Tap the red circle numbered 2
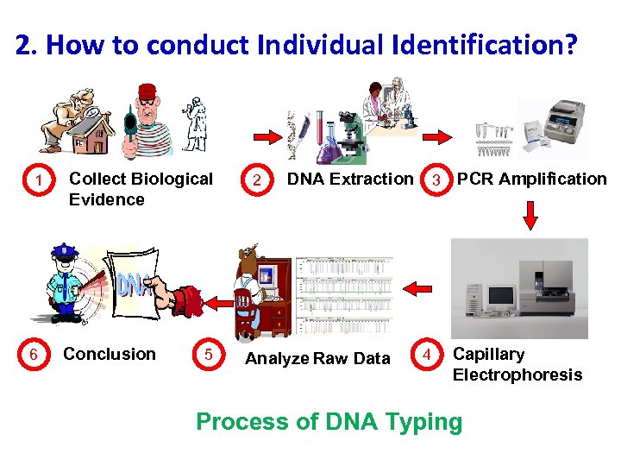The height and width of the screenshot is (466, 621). click(x=257, y=180)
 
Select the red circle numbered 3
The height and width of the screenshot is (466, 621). click(x=438, y=180)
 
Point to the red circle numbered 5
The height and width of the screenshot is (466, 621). click(x=208, y=355)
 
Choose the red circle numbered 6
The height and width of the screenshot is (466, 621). click(x=33, y=355)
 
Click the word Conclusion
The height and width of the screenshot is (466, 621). click(x=110, y=354)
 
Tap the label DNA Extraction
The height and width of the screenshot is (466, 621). click(x=349, y=179)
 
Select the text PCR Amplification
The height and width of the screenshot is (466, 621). click(x=531, y=179)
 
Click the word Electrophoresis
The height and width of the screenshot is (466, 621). click(x=517, y=375)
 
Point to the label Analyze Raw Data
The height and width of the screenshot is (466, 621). click(x=317, y=358)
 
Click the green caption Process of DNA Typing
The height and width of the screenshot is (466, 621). click(x=329, y=422)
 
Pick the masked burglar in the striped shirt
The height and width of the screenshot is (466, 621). click(x=142, y=121)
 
